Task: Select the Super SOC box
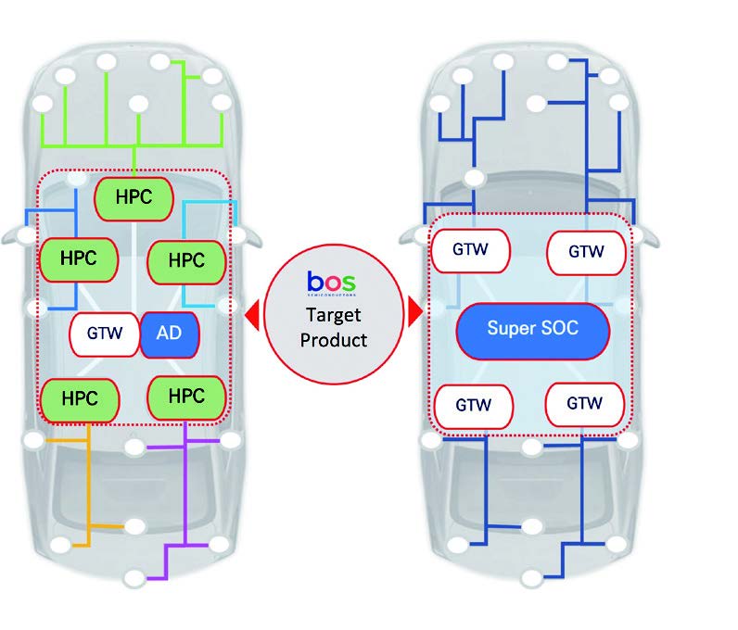532,329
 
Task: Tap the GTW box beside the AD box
105,334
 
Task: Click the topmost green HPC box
134,197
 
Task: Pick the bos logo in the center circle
330,280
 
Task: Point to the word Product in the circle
331,339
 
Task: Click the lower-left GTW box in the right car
474,405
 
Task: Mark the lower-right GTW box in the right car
584,404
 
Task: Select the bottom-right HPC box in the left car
188,397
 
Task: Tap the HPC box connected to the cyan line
187,261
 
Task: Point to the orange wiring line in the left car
88,491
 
